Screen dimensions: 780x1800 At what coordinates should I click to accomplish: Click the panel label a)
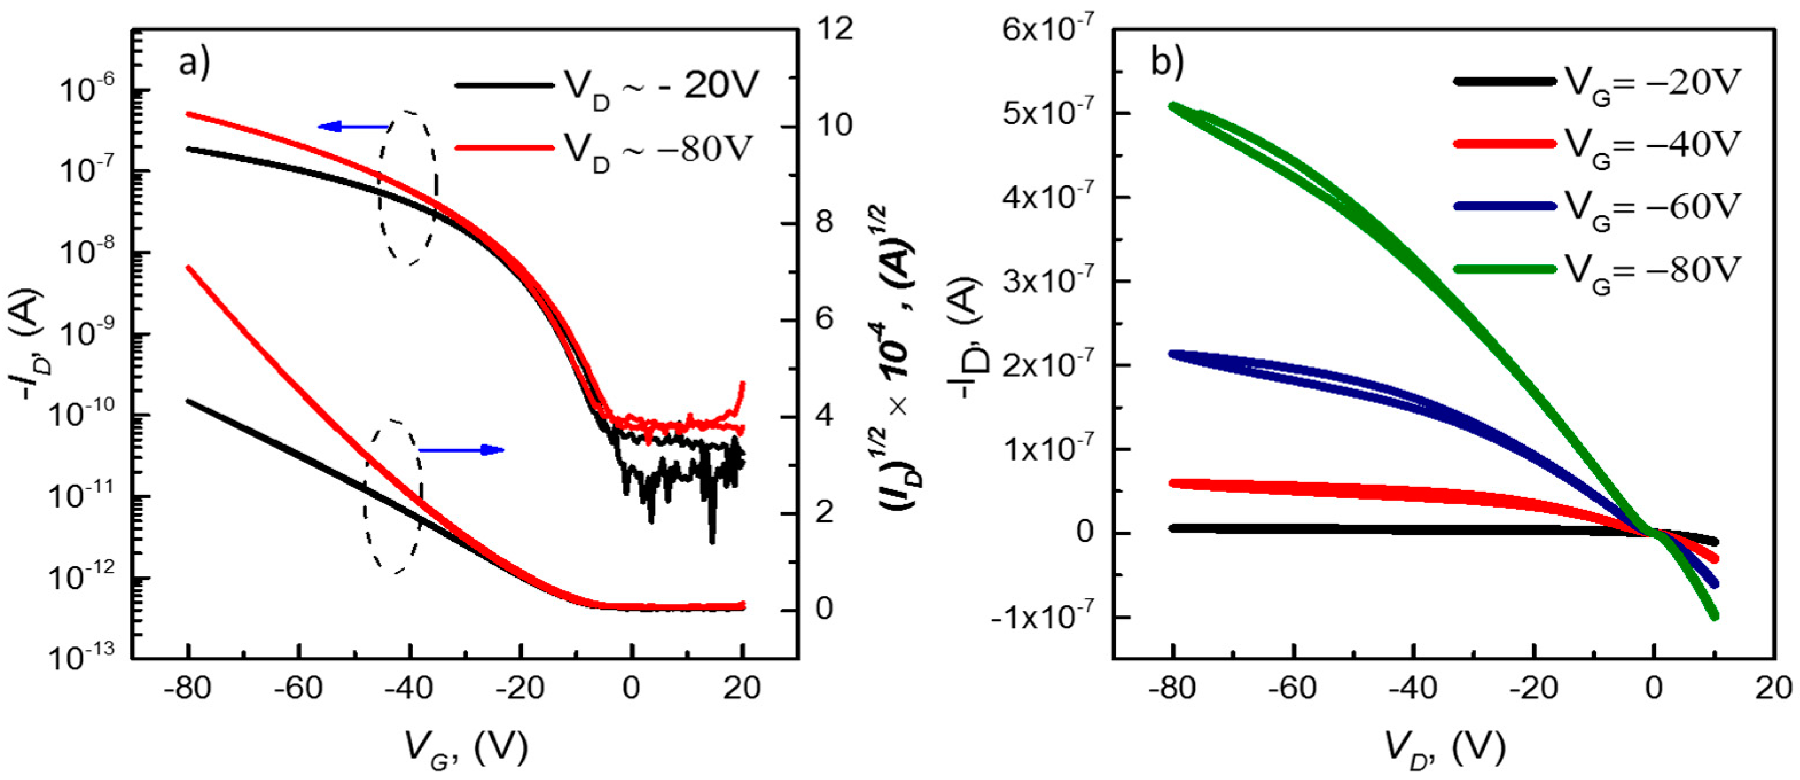(194, 64)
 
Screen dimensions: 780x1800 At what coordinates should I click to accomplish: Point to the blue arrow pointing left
(353, 127)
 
